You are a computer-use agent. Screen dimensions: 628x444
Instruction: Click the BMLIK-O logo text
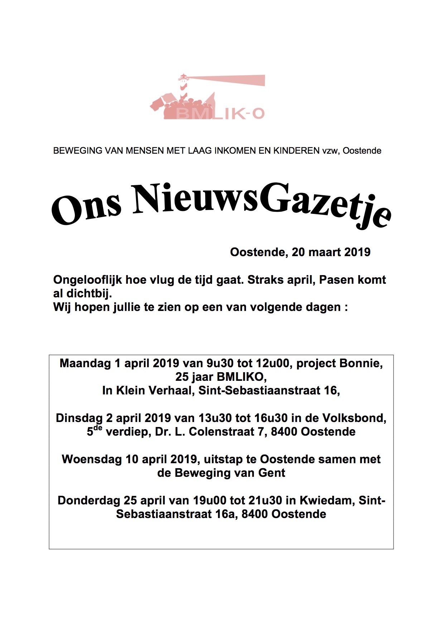tap(220, 114)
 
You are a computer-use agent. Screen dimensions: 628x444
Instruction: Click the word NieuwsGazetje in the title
tap(261, 205)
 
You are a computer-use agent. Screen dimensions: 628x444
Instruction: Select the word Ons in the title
tap(86, 210)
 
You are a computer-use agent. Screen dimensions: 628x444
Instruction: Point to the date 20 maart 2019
tap(331, 252)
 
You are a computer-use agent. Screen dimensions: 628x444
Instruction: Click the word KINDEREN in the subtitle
tap(296, 151)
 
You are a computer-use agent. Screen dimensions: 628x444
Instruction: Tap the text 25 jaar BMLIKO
tap(221, 377)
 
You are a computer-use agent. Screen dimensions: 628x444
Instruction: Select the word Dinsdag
tap(79, 418)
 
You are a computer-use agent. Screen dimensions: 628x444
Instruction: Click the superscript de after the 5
tap(98, 428)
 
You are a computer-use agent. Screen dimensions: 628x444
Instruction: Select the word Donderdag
tap(89, 500)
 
